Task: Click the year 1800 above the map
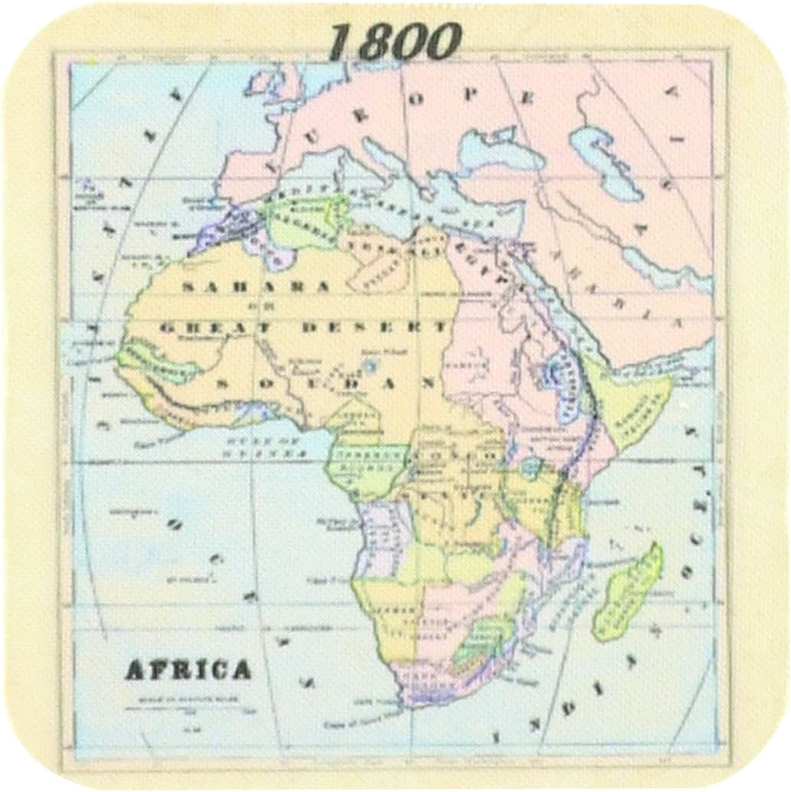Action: (x=395, y=41)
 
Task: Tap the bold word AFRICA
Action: (x=188, y=669)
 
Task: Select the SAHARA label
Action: (x=257, y=286)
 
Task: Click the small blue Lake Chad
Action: (x=371, y=365)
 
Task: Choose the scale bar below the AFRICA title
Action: (x=188, y=705)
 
